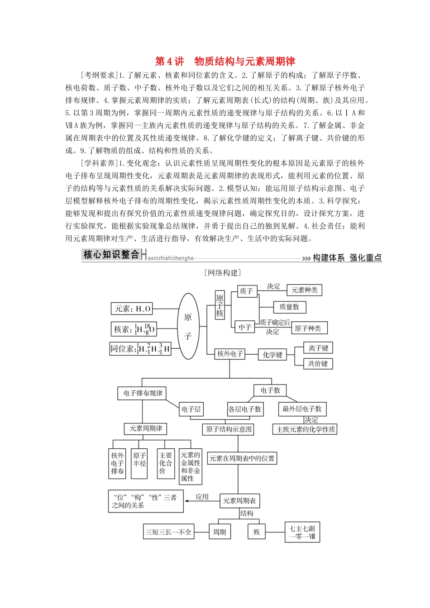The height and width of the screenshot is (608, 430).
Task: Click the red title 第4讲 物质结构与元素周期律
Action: pyautogui.click(x=225, y=62)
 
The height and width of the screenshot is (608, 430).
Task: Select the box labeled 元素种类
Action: pyautogui.click(x=304, y=290)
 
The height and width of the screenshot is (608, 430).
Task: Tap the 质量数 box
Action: pyautogui.click(x=289, y=307)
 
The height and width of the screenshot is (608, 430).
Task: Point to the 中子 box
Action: pyautogui.click(x=245, y=327)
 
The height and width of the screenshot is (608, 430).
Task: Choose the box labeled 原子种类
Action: pyautogui.click(x=308, y=328)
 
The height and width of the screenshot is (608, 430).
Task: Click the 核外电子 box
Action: pyautogui.click(x=229, y=354)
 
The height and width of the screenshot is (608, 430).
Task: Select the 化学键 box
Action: pyautogui.click(x=272, y=355)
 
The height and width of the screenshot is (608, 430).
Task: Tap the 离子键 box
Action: pyautogui.click(x=318, y=348)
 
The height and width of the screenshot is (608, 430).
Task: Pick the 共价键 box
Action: pyautogui.click(x=318, y=364)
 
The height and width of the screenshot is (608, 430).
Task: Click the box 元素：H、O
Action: pyautogui.click(x=132, y=309)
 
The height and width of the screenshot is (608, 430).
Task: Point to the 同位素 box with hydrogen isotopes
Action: pyautogui.click(x=140, y=349)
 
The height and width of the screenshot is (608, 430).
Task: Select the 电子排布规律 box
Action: pyautogui.click(x=142, y=393)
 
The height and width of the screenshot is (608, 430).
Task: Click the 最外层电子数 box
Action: pyautogui.click(x=301, y=409)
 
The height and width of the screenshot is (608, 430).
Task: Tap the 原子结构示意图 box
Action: pyautogui.click(x=229, y=429)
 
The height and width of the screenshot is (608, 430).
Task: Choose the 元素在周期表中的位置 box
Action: pyautogui.click(x=242, y=458)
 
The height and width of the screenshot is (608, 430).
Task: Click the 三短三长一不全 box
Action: pyautogui.click(x=168, y=532)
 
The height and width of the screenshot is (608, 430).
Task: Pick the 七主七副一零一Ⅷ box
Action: pyautogui.click(x=302, y=532)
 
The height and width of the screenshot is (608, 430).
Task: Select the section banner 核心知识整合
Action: pyautogui.click(x=111, y=255)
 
